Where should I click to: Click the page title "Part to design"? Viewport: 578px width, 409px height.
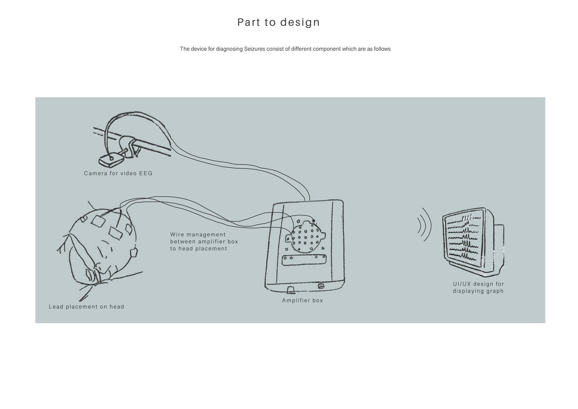pos(279,22)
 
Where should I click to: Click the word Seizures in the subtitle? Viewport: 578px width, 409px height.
pos(254,49)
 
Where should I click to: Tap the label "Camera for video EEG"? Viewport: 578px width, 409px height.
pos(118,173)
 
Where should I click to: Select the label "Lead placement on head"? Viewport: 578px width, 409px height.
pos(86,307)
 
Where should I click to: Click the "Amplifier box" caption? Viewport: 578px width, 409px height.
pos(302,300)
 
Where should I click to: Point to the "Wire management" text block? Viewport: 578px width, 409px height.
pos(204,241)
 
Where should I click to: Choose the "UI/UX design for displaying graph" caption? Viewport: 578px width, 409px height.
pos(478,287)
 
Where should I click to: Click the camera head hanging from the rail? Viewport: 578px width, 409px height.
pos(111,160)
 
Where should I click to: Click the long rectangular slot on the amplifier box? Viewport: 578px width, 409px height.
pos(304,260)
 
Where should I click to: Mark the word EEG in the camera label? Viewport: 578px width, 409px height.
pos(146,173)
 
